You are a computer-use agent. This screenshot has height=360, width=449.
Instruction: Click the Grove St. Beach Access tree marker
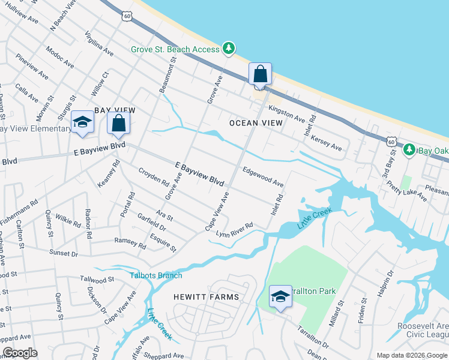[228, 48]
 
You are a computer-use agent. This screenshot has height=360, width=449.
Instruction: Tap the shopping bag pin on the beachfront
[261, 75]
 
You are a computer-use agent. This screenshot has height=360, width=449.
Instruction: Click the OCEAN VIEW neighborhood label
[256, 123]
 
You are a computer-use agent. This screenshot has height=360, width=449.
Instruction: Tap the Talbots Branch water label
[156, 275]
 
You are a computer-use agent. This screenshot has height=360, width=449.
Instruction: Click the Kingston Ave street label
[287, 112]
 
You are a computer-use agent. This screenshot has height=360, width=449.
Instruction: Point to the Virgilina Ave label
[99, 43]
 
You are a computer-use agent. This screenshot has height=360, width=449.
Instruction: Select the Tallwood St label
[97, 280]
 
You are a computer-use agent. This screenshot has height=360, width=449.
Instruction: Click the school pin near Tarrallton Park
[280, 297]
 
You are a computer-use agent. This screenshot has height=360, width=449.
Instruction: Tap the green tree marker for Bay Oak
[409, 149]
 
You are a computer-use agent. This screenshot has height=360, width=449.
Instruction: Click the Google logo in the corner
[20, 353]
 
